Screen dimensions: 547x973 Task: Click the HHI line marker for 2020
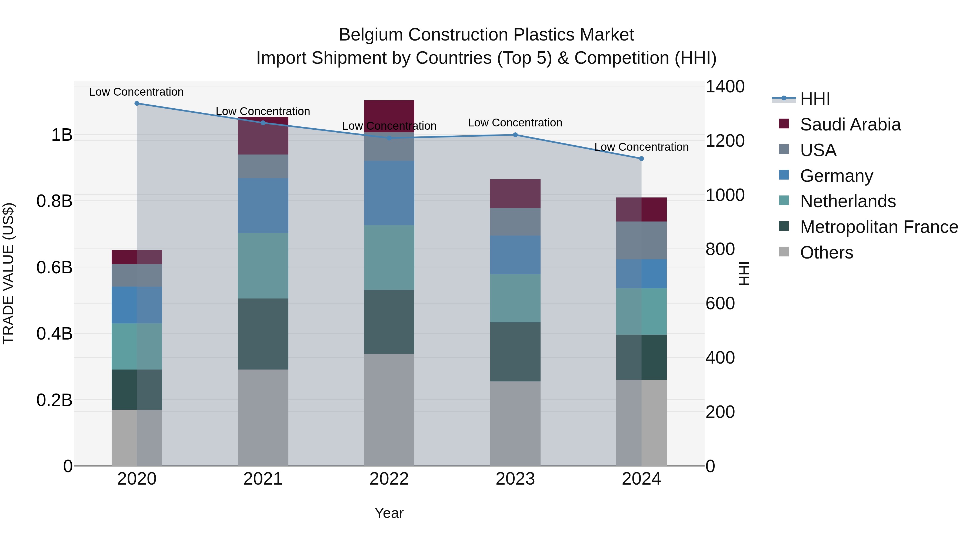tap(137, 103)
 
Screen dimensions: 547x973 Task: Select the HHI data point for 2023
tap(515, 135)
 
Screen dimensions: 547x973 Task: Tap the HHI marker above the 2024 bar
tap(641, 159)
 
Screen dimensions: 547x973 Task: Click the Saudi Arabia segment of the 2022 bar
tap(389, 113)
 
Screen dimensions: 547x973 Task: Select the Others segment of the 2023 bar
tap(515, 423)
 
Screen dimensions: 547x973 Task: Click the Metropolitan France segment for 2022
tap(389, 322)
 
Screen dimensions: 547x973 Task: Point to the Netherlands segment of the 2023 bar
tap(515, 298)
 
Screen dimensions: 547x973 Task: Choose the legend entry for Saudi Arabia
tap(850, 124)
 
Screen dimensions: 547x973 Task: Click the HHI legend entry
tap(815, 99)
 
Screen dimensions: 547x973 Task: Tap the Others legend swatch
tap(784, 252)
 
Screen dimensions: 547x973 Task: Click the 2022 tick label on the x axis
tap(389, 479)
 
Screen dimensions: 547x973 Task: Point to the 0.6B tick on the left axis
tap(54, 267)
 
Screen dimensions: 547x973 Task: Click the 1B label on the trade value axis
tap(62, 135)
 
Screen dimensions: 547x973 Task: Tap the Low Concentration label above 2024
tap(641, 147)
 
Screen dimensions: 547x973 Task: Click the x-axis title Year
tap(389, 513)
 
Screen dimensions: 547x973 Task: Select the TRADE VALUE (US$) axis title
tap(8, 273)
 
